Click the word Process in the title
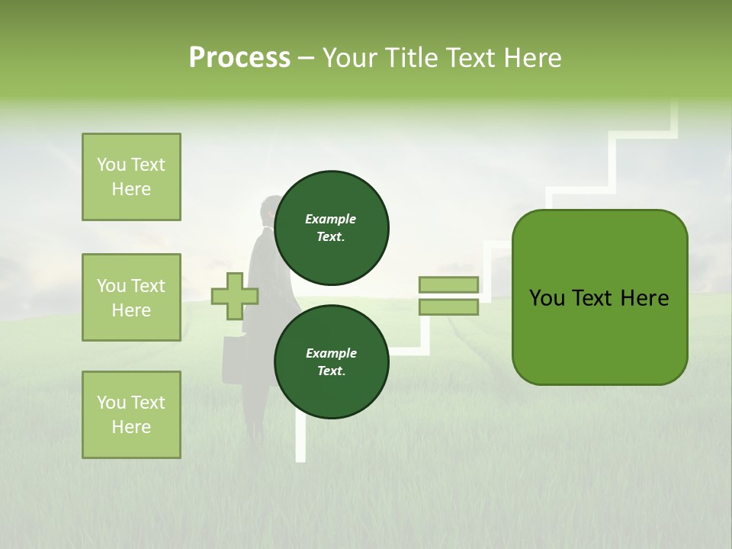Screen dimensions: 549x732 239,58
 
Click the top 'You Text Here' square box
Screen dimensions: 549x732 131,177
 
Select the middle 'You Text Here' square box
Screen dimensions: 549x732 131,297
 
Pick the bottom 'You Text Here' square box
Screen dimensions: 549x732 131,415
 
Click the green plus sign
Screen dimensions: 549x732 235,296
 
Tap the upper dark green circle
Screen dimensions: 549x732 331,227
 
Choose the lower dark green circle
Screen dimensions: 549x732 331,361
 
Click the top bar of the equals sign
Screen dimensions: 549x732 448,284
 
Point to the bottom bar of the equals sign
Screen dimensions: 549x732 448,307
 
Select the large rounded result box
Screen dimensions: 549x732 599,297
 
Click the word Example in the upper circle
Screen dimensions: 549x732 330,219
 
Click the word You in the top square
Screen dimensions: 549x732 111,165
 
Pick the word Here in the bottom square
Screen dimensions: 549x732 131,427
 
